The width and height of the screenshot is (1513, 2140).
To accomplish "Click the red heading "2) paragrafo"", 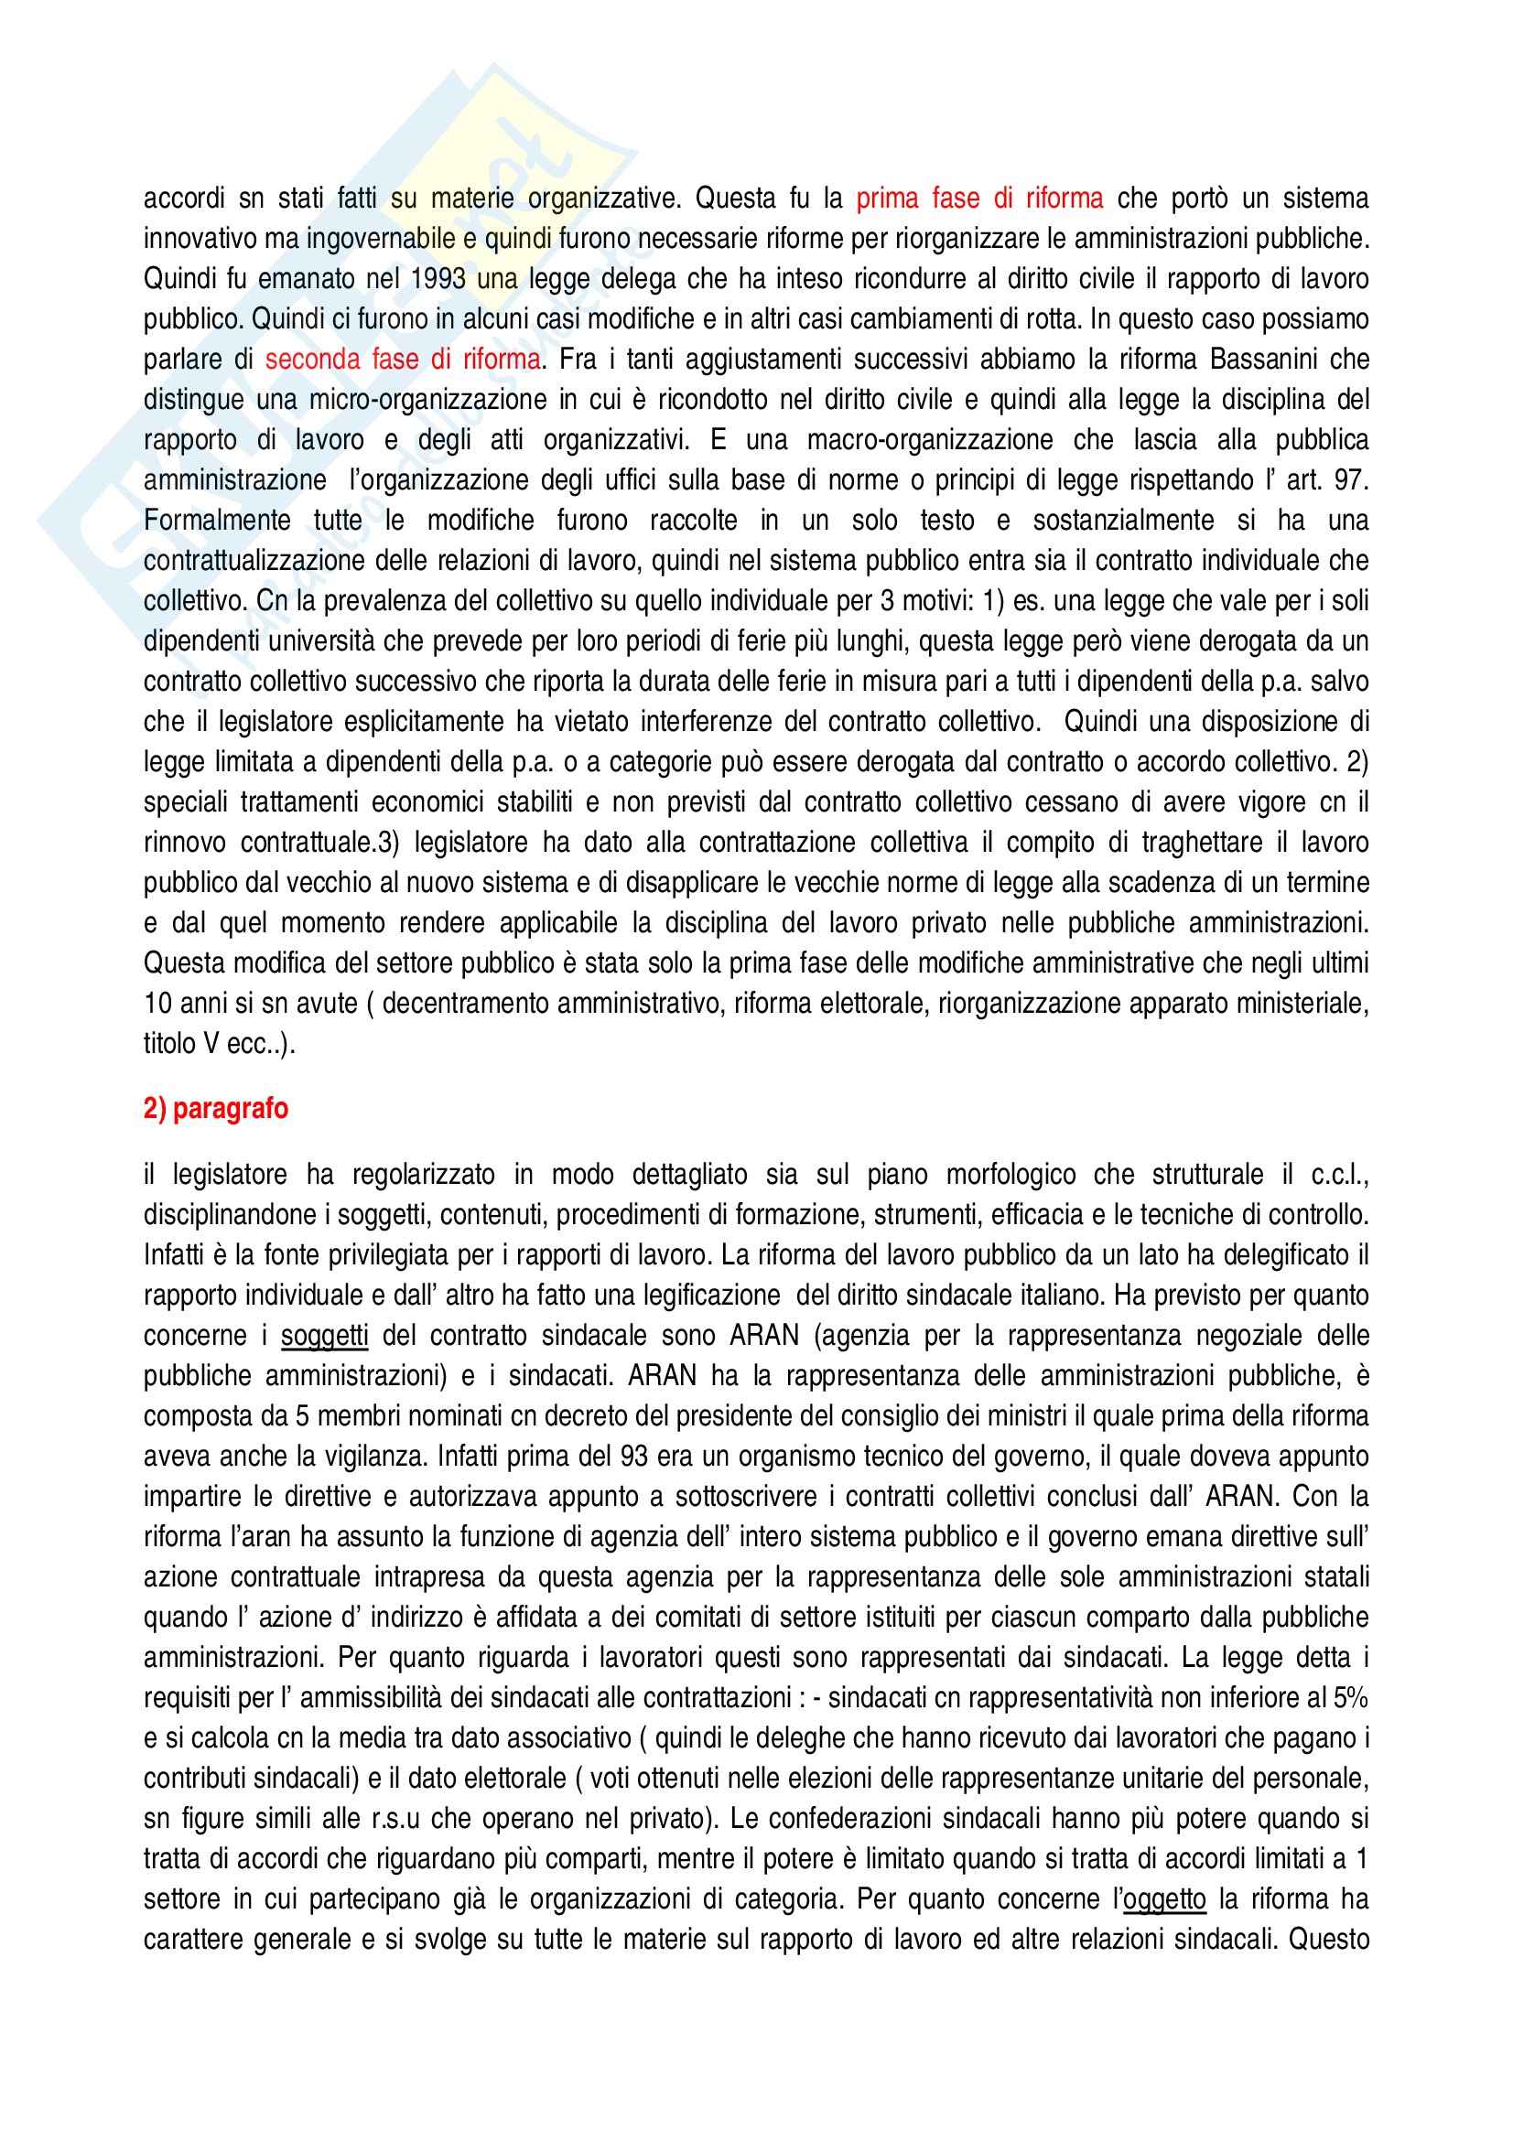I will tap(215, 1108).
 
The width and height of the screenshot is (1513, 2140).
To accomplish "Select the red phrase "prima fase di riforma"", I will tap(979, 199).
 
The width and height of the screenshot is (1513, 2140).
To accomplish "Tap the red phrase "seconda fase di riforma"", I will tap(403, 360).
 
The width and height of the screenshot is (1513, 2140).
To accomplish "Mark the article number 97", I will tap(1349, 480).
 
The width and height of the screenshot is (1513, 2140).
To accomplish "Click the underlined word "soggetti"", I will tap(324, 1336).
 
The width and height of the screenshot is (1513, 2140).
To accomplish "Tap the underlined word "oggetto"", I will tap(1164, 1898).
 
